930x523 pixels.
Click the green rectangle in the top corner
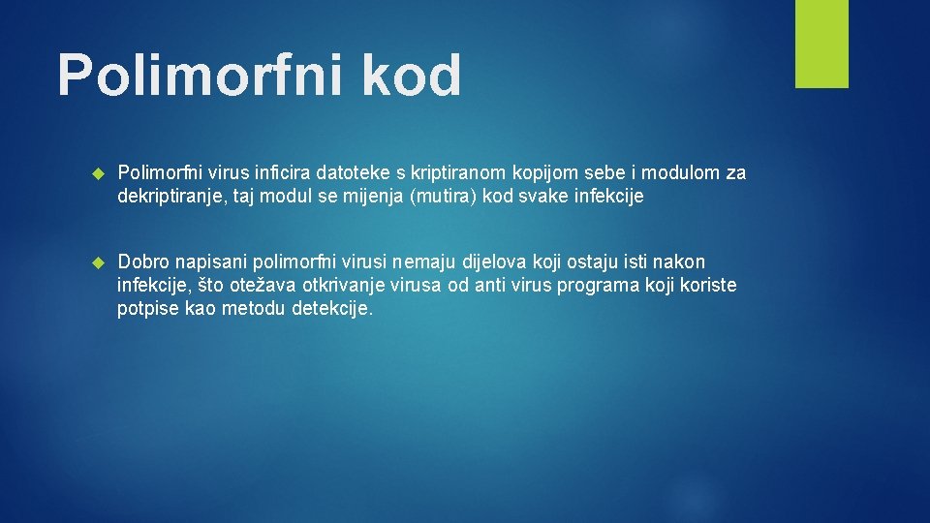coord(821,44)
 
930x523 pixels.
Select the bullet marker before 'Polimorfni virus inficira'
coord(97,173)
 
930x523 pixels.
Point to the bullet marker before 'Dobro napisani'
coord(97,262)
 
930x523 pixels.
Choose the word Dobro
coord(143,261)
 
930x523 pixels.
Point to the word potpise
coord(146,308)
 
